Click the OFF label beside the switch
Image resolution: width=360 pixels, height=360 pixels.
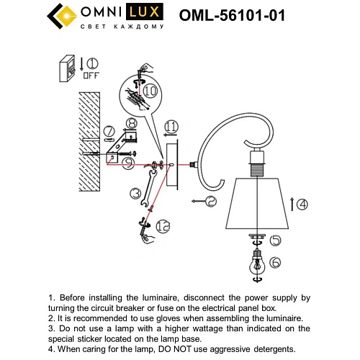pos(91,74)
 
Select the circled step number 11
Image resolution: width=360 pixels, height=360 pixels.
pos(171,129)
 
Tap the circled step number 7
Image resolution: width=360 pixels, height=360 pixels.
pos(109,131)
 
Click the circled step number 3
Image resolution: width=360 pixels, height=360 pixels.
pos(134,192)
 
